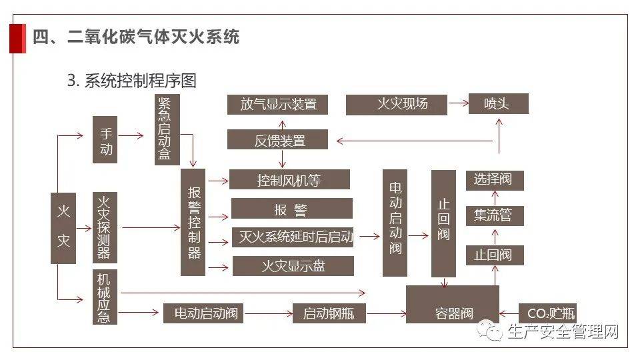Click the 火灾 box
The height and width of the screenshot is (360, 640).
pos(63,228)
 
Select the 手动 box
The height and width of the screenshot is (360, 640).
pos(105,139)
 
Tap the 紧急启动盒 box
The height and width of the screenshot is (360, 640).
pos(165,129)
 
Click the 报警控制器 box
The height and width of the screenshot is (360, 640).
pos(193,222)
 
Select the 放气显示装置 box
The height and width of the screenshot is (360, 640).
pos(279,104)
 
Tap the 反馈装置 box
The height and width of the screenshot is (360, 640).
pos(279,140)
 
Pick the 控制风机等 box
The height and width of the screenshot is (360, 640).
pos(289,180)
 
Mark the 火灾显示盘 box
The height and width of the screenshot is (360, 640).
pos(293,267)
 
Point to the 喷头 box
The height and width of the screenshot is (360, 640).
pos(497,103)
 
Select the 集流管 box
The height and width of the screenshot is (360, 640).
pos(493,215)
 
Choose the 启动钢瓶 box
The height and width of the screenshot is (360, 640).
pos(329,313)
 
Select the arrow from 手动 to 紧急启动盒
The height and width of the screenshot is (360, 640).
pos(131,135)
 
